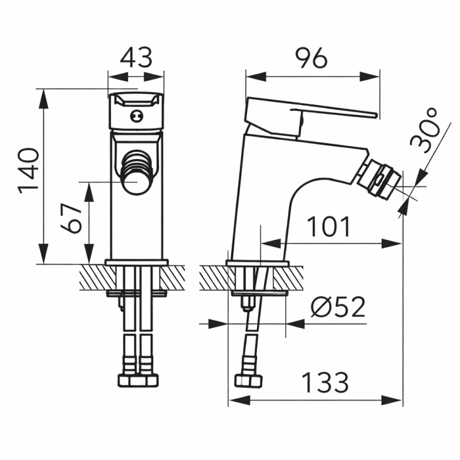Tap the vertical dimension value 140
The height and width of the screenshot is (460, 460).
[28, 171]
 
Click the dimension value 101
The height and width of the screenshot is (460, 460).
[329, 227]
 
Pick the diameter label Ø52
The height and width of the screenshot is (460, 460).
[338, 308]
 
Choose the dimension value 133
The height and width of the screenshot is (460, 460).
[325, 381]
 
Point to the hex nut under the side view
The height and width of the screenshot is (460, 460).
[249, 382]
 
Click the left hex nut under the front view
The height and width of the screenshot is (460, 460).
[127, 380]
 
